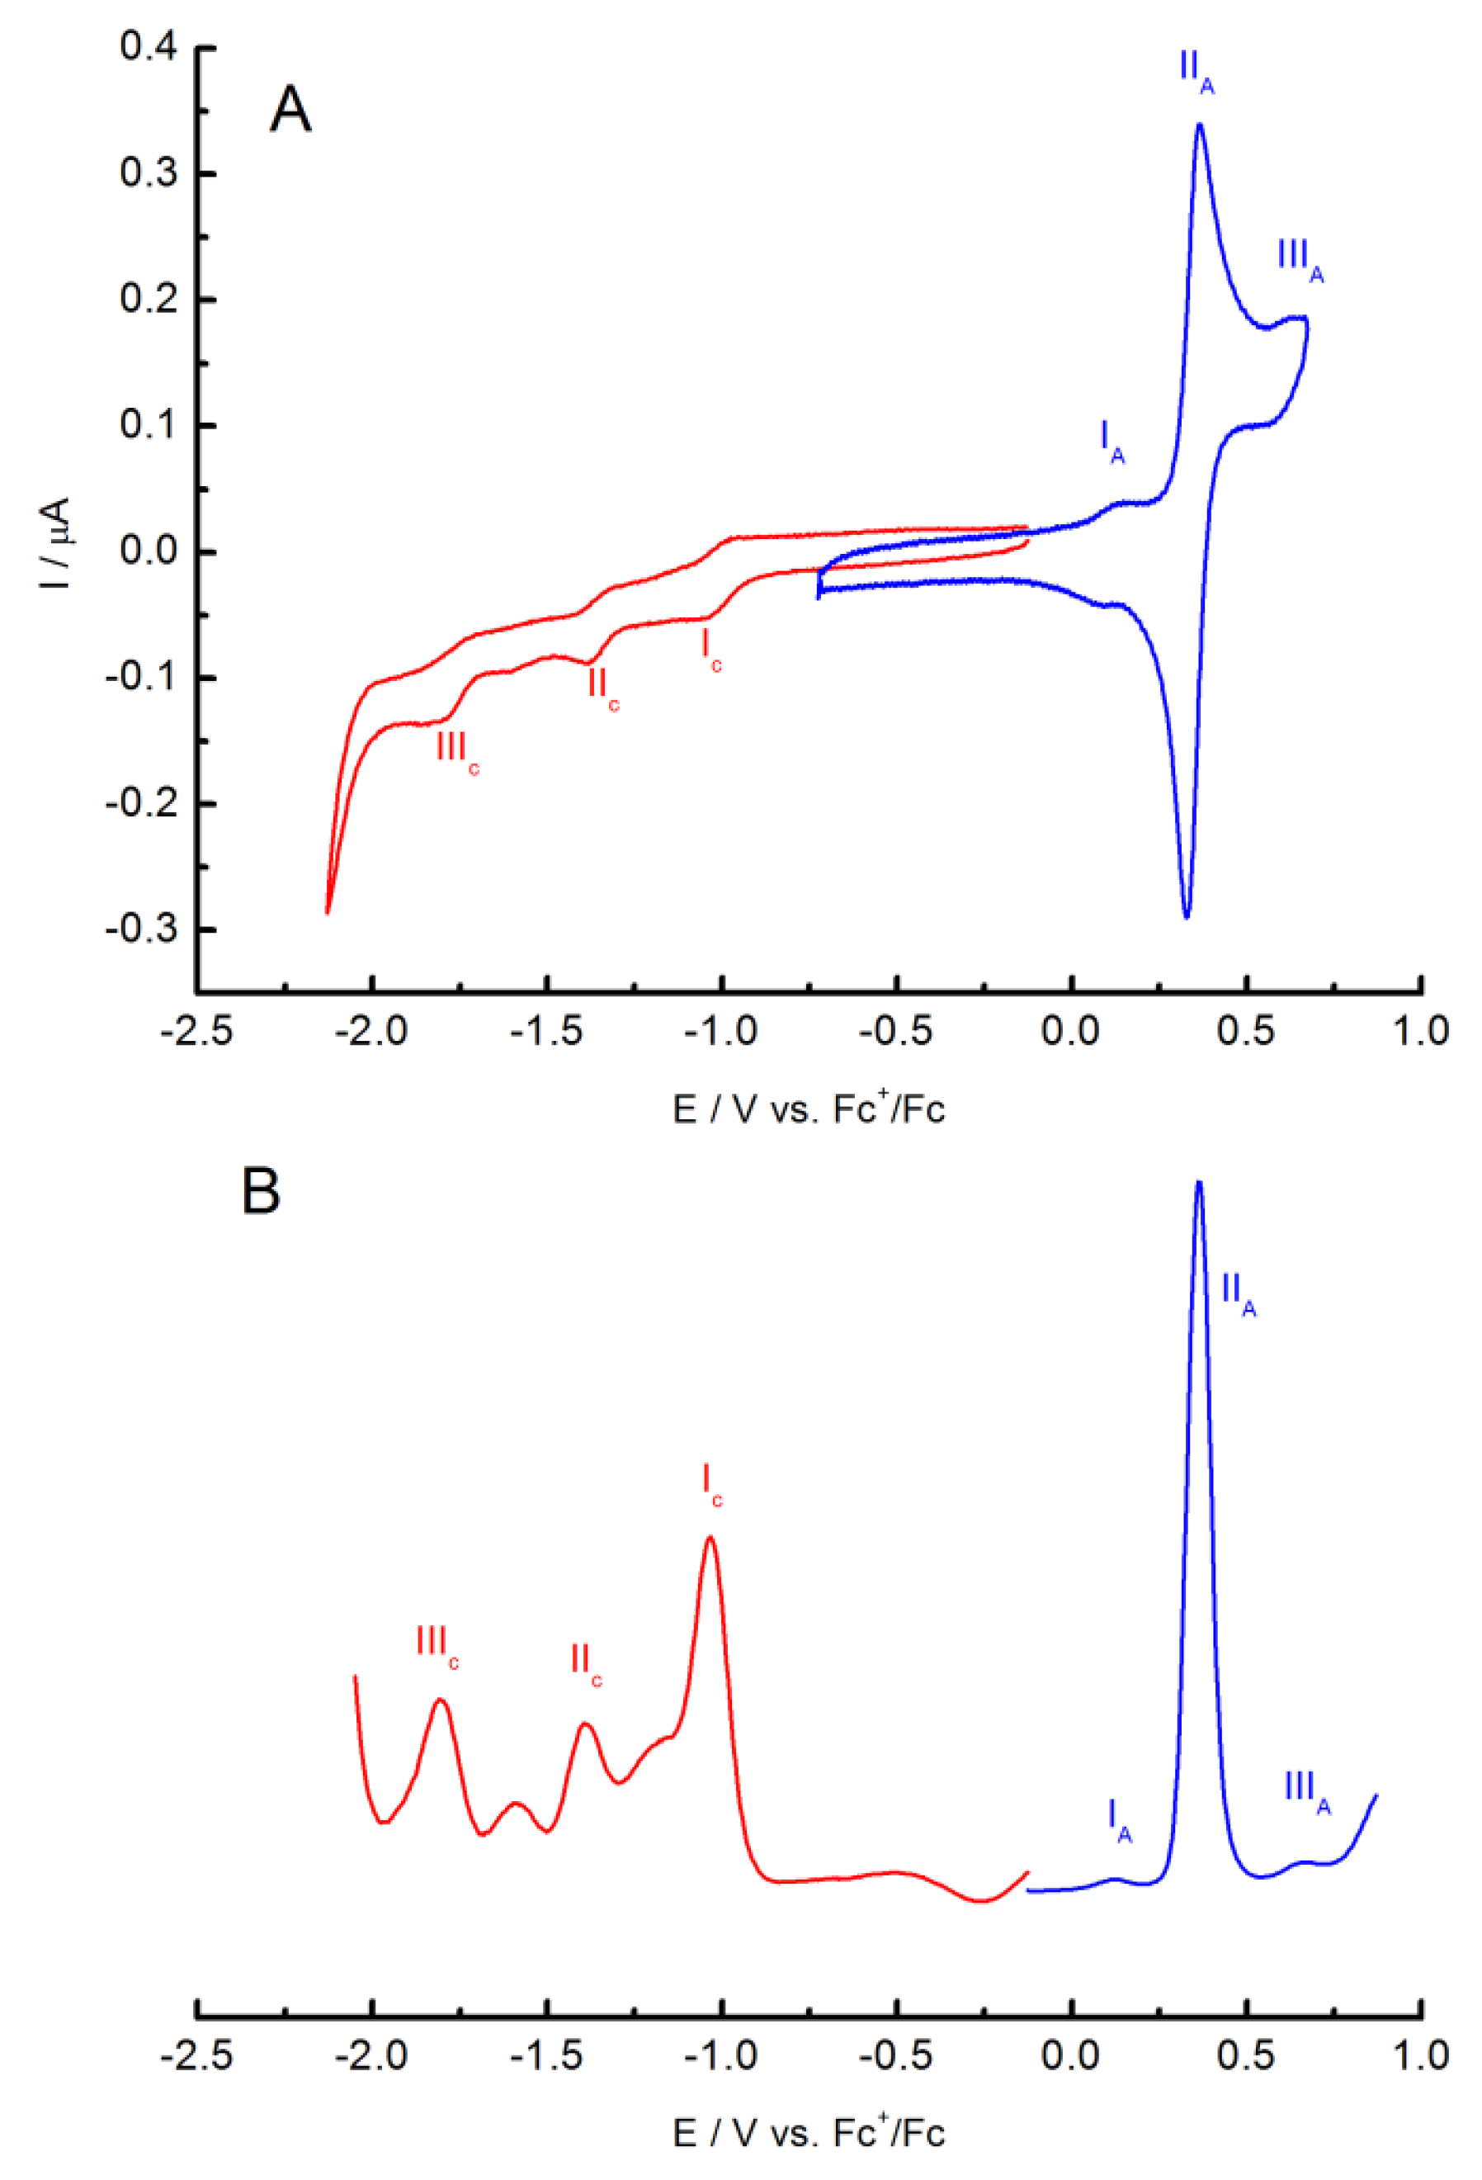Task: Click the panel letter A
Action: coord(290,110)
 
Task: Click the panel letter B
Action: coord(261,1191)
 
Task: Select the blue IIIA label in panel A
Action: coord(1300,258)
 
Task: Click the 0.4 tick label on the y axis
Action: coord(149,46)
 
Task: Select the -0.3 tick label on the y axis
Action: coord(142,929)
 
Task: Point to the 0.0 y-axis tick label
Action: coord(149,551)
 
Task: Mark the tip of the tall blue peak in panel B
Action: coord(1199,1183)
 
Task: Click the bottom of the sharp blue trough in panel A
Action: coord(1187,916)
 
